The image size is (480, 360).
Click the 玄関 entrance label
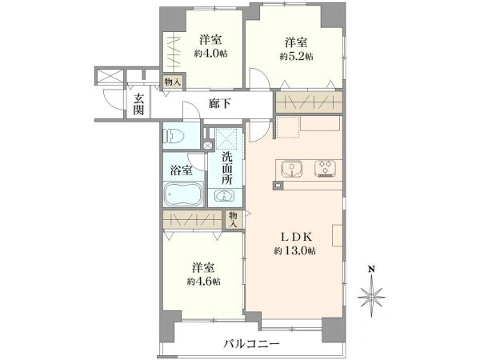click(x=138, y=104)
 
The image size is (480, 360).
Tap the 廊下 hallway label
click(x=219, y=104)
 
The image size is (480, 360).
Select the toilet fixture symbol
click(x=173, y=136)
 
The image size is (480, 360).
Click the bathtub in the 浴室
click(x=184, y=194)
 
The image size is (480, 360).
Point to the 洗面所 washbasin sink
click(x=225, y=196)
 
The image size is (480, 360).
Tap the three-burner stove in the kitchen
click(x=325, y=169)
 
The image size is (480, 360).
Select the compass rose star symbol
click(x=372, y=296)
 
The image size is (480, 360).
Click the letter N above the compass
click(x=372, y=270)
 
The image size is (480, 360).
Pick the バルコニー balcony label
click(x=251, y=344)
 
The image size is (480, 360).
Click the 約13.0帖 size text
click(x=295, y=251)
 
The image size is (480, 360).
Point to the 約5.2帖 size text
click(x=296, y=57)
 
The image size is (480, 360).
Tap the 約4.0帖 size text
click(x=210, y=54)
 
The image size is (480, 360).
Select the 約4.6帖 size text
click(x=203, y=282)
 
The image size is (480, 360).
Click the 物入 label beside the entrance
click(x=174, y=82)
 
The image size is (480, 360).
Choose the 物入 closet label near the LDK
click(x=234, y=219)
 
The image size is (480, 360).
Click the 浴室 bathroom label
click(x=182, y=170)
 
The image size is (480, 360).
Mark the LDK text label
click(x=296, y=237)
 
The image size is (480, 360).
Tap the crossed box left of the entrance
click(x=110, y=76)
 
